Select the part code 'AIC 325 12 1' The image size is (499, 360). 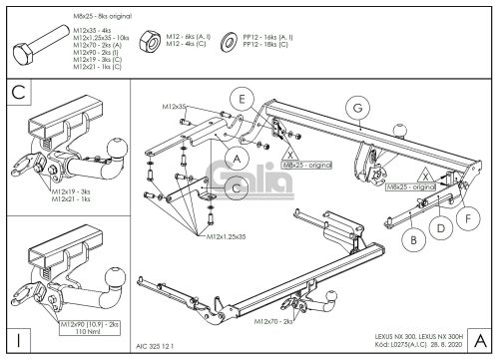(156, 345)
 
